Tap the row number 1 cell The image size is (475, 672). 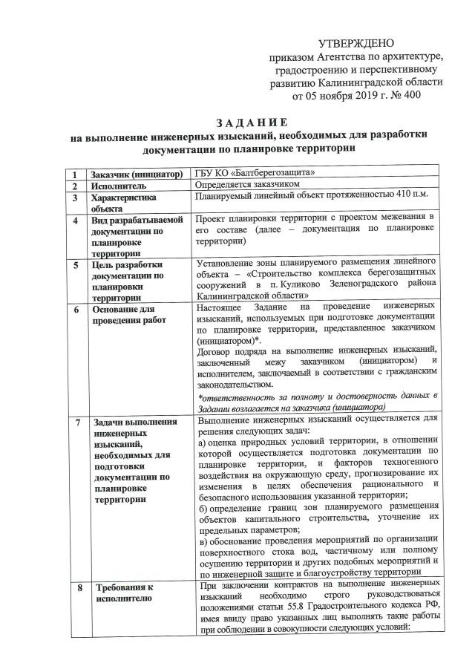75,174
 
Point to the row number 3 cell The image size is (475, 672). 75,198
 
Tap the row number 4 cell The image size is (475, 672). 75,221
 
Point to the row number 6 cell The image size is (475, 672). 75,308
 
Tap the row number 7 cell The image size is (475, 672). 75,423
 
